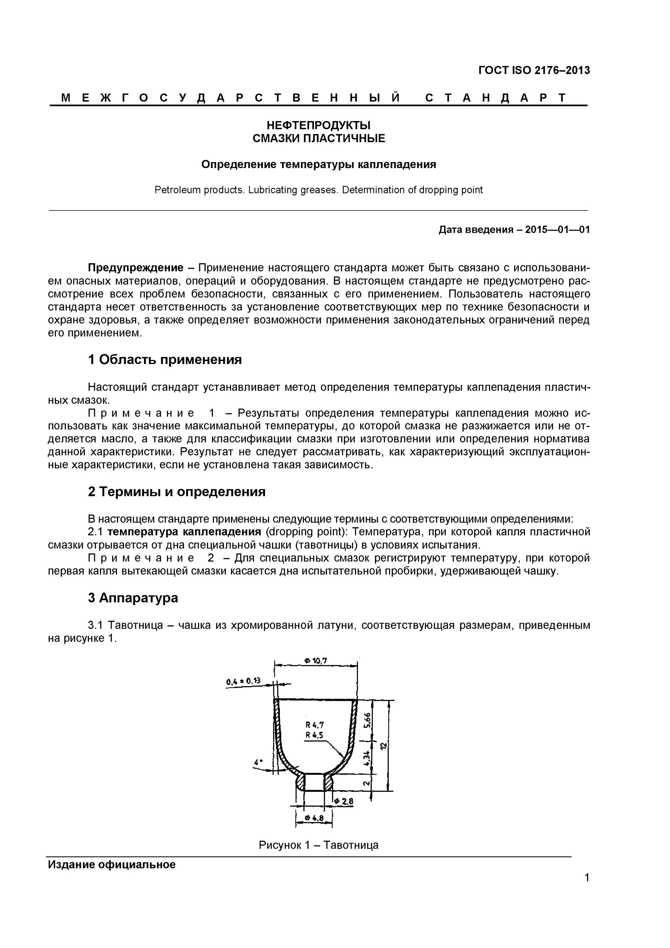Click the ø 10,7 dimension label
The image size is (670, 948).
coord(316,661)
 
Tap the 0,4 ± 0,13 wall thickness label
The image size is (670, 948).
coord(244,681)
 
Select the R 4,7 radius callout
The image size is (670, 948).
coord(315,725)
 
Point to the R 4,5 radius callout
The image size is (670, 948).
coord(315,735)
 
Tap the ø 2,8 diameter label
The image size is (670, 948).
coord(343,801)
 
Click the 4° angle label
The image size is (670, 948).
coord(259,762)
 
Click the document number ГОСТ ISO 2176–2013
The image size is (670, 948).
coord(534,70)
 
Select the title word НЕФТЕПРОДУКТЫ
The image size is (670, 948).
coord(318,125)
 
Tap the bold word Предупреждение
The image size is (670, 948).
coord(136,268)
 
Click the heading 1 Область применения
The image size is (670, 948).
coord(165,360)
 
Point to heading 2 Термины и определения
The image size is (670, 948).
coord(177,492)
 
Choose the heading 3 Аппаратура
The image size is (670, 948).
coord(133,598)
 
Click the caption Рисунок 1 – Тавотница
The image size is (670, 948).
coord(318,845)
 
